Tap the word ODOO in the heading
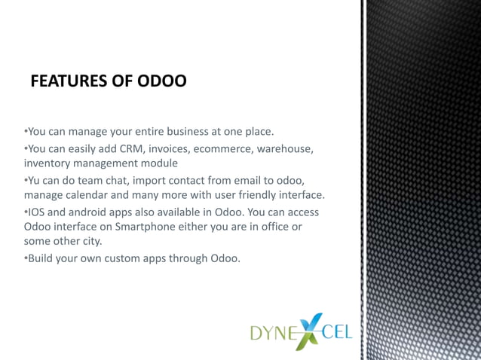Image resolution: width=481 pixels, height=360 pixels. click(161, 81)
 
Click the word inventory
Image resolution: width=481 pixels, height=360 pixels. click(47, 163)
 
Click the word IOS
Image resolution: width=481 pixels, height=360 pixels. click(36, 212)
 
